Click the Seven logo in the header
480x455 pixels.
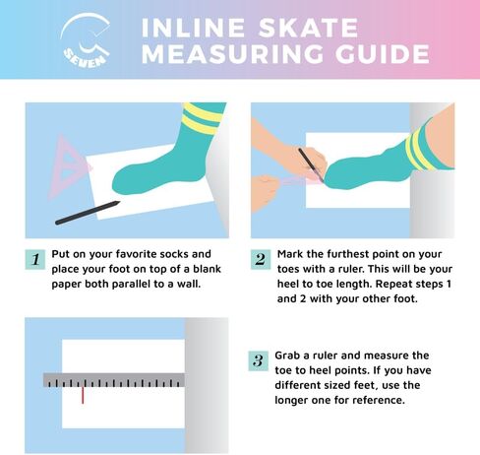tap(86, 39)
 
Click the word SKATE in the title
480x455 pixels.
tap(309, 28)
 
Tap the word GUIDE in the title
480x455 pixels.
tap(383, 53)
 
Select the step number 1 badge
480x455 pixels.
tap(35, 259)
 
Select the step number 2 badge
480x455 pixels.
tap(261, 259)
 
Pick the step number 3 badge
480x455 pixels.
tap(259, 360)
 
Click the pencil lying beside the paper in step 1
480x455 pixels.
tap(88, 213)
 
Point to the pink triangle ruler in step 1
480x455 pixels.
tap(70, 165)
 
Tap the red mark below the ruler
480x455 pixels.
tap(83, 395)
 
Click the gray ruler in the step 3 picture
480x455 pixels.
tap(114, 380)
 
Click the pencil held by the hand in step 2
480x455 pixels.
tap(311, 165)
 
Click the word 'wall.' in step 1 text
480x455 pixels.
tap(189, 284)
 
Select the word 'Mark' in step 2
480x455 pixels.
tap(290, 254)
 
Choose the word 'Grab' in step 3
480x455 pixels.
tap(287, 356)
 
